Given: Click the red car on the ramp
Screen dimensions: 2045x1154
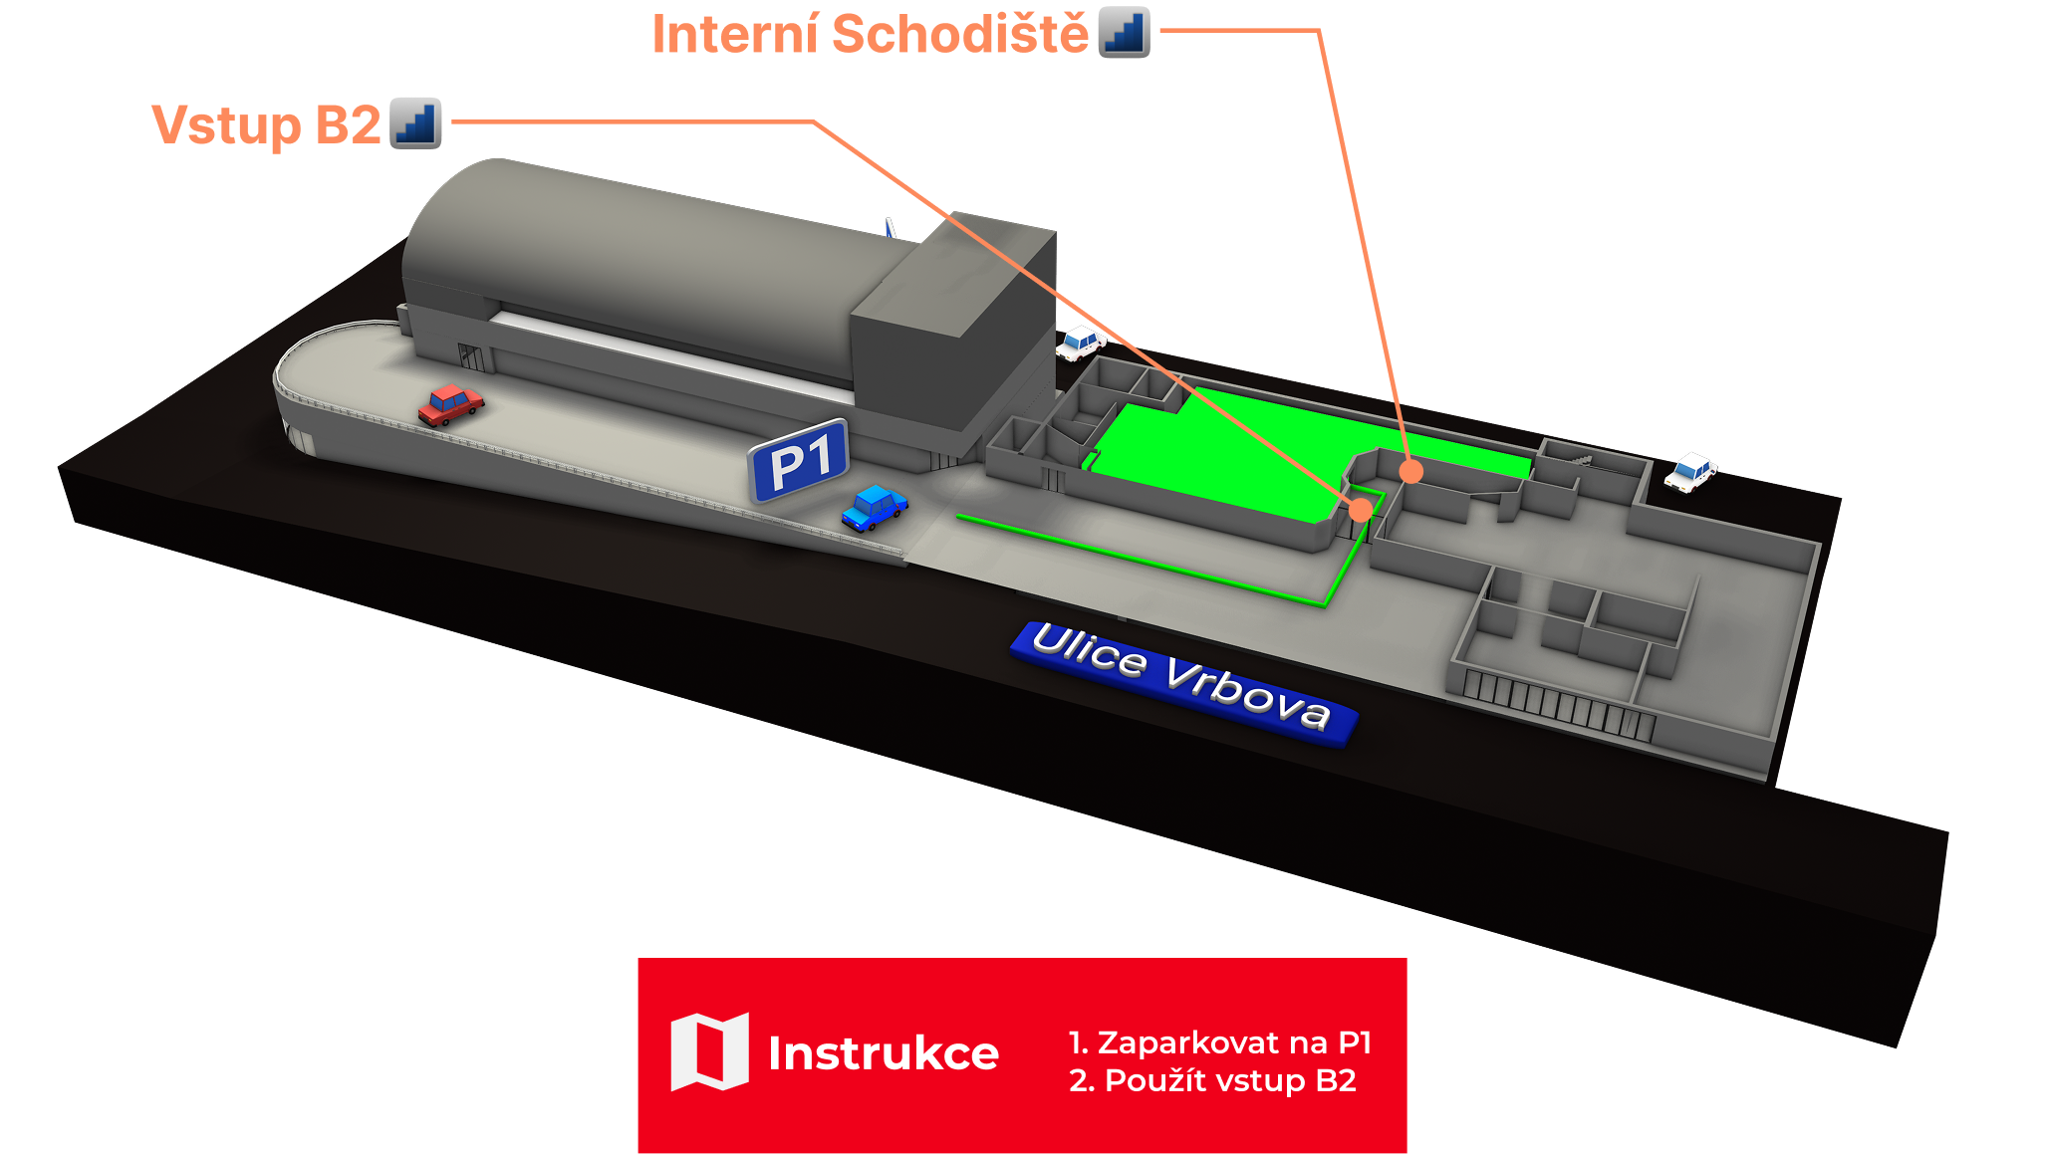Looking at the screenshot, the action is click(450, 404).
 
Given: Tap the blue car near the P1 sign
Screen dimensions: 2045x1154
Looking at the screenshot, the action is click(874, 507).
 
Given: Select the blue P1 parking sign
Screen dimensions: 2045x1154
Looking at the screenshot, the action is click(799, 461).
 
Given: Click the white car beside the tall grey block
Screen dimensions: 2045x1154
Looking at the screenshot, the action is click(1080, 344).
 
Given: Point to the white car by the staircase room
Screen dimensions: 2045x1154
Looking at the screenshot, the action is click(1689, 472).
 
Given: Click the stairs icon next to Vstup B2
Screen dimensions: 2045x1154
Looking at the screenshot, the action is click(415, 123).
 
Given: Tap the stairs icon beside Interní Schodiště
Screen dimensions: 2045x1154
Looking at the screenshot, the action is click(1124, 33).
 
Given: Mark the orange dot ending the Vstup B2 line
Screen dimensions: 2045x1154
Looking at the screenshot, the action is click(1360, 510).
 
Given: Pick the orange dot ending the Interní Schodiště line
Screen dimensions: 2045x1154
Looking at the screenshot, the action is click(1410, 471).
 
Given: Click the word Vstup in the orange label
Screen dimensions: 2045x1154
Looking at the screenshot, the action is click(226, 125).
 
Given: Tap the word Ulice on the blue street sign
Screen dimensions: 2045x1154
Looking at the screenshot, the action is click(1089, 651).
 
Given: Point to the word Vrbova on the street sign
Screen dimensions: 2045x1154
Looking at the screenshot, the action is click(1247, 691).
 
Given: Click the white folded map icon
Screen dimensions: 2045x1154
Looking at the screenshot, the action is click(709, 1051).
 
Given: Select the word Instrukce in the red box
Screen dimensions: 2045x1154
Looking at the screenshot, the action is click(883, 1053).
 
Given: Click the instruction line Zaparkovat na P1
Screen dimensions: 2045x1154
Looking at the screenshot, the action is click(1220, 1042).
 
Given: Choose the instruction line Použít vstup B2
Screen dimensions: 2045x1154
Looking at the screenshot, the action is click(1212, 1080).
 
